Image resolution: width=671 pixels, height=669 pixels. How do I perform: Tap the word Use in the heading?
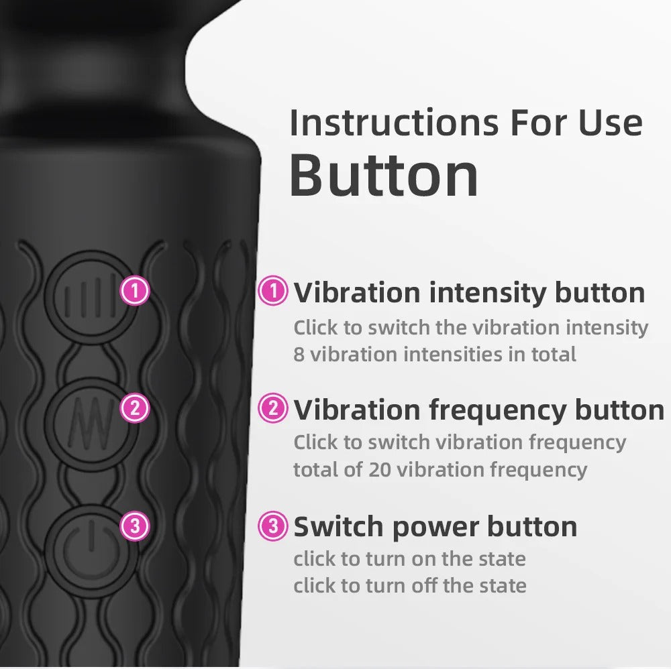pos(609,123)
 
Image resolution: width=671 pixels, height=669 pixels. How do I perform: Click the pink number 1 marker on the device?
pos(135,292)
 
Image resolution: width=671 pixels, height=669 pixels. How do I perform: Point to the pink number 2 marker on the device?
pos(135,408)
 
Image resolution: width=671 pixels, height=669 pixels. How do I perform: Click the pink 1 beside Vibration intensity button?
pos(273,292)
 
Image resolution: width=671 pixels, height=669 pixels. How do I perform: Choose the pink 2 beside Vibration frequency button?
pos(273,408)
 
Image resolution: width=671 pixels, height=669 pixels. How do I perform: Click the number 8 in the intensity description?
pos(299,354)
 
